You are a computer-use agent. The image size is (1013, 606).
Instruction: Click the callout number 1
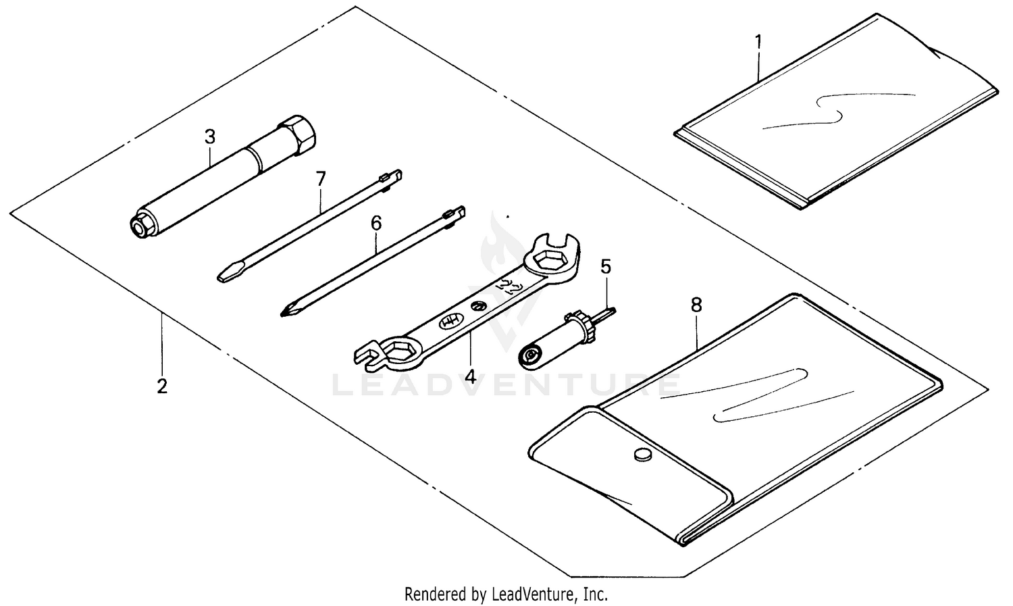click(758, 42)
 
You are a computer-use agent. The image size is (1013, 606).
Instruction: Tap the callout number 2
click(161, 386)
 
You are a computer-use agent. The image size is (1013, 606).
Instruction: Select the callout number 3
click(210, 136)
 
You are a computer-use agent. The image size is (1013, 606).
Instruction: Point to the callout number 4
click(470, 375)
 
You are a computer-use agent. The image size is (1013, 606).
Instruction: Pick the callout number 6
click(376, 222)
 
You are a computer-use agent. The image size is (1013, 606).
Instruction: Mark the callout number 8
click(696, 305)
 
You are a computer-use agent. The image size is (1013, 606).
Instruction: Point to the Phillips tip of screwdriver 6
click(287, 311)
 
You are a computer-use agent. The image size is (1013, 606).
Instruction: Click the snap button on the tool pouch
click(640, 455)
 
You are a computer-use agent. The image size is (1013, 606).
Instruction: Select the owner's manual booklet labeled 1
click(837, 115)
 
